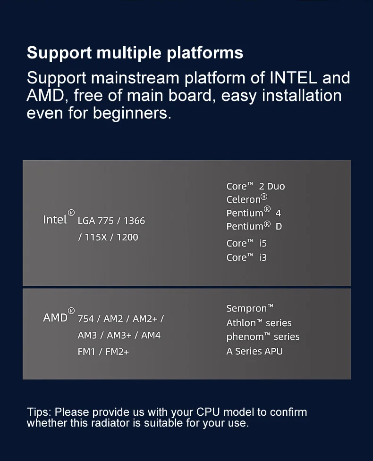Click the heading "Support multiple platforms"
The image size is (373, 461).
(135, 52)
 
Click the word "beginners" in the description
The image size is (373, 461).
(131, 113)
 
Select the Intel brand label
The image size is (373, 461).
(55, 220)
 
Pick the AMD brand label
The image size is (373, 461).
(55, 318)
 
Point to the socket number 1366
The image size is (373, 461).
(134, 221)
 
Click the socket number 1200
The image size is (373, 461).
(127, 237)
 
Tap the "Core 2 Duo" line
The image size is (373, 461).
(255, 186)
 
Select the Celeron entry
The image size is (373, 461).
(246, 199)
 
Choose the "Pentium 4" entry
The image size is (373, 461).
(254, 213)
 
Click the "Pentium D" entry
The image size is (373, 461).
(254, 226)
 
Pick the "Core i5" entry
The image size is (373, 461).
(246, 243)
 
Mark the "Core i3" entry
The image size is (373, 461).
(246, 257)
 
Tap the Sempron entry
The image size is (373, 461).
(249, 309)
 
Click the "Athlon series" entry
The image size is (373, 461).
(259, 323)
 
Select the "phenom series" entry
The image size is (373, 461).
(263, 337)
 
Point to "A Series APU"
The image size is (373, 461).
(254, 351)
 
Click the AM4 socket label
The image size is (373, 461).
(151, 335)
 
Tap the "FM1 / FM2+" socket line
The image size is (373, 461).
(103, 352)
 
